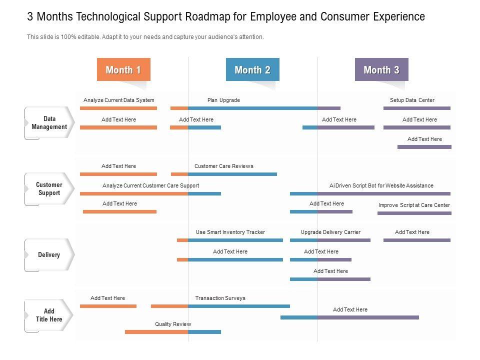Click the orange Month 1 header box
pos(123,70)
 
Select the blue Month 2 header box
pos(252,70)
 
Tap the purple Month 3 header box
pos(381,70)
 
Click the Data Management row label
pos(49,123)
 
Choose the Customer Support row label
pos(49,189)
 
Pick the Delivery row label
pos(49,255)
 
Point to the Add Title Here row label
pos(49,315)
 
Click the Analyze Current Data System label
pos(118,100)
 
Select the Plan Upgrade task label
pos(223,100)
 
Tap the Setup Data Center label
pos(412,100)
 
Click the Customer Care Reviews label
pos(223,166)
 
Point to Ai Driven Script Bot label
pos(381,185)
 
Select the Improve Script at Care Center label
pos(414,205)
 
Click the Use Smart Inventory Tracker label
pos(230,232)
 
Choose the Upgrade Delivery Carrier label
pos(330,232)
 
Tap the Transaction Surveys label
pos(220,298)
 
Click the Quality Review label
pos(173,324)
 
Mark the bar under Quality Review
pos(172,331)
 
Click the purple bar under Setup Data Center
pos(416,108)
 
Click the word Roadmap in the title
pos(212,16)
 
